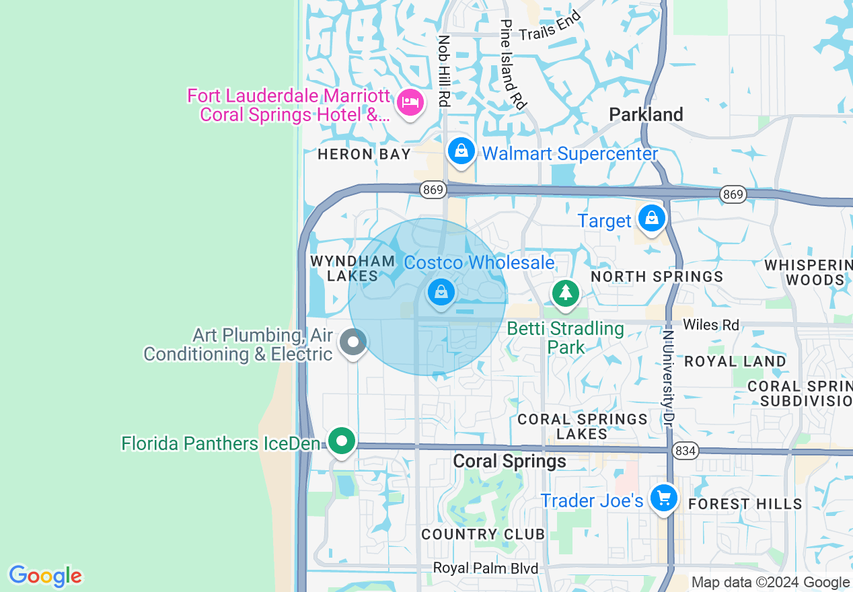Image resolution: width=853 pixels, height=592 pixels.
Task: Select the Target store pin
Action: pos(651,218)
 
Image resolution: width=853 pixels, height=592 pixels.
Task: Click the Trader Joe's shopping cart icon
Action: pos(664,498)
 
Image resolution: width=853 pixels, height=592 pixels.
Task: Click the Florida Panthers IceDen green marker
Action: pos(342,442)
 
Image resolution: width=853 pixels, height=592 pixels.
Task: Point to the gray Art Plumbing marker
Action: pos(353,342)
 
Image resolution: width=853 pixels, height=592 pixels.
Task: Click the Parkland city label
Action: pos(646,114)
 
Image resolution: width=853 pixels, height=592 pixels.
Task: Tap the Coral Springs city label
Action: pos(509,461)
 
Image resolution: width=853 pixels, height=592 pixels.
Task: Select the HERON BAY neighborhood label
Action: pos(364,154)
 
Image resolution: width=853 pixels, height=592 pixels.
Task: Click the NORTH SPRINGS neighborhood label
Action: pos(657,276)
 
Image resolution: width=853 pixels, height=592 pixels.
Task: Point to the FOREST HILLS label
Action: pos(745,504)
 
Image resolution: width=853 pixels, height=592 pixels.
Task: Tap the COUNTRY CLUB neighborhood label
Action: pos(483,534)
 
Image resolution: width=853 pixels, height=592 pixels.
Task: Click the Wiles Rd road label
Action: pos(711,326)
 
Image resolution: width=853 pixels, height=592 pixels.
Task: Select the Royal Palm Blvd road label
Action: pos(485,568)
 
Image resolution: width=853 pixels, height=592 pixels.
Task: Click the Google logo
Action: pos(45,577)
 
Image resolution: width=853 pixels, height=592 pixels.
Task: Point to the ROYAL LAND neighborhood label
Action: pos(735,361)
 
